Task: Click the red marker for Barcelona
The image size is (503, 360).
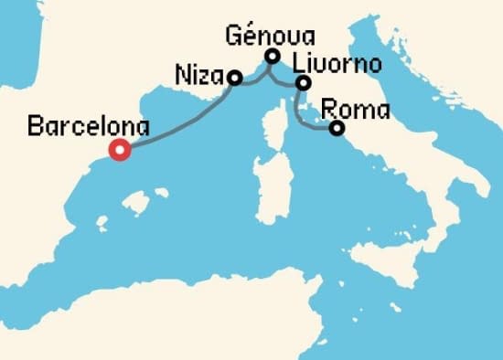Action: click(119, 151)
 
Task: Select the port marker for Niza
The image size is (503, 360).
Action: click(234, 79)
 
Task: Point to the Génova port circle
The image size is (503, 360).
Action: click(272, 57)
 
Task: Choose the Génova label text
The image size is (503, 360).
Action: click(271, 37)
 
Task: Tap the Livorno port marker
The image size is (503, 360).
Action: click(303, 84)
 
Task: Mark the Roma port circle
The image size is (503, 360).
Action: click(337, 129)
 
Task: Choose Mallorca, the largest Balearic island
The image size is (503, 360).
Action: click(137, 200)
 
